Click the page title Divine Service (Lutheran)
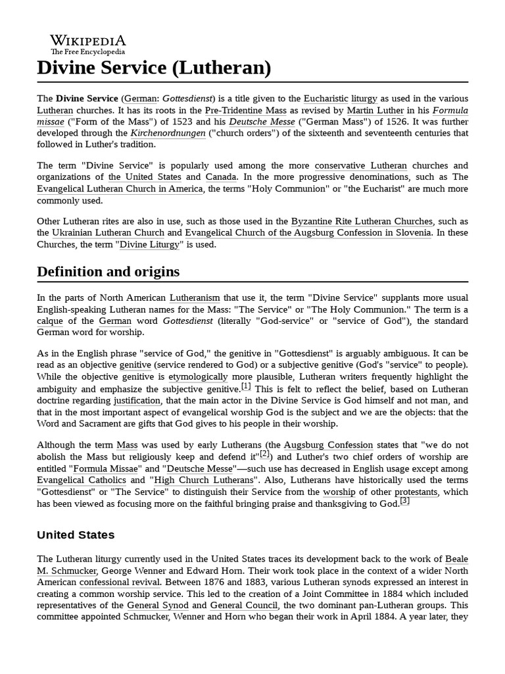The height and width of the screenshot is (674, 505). click(154, 67)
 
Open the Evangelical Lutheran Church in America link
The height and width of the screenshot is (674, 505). click(120, 189)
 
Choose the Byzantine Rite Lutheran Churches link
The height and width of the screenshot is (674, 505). click(362, 221)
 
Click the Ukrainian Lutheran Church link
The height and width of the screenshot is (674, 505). click(108, 233)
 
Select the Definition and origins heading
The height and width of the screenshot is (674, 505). click(108, 272)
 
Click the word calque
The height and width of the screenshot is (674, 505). click(49, 321)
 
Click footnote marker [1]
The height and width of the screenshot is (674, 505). click(246, 386)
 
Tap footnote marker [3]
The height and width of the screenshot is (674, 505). click(404, 502)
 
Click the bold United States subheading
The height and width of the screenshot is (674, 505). click(76, 534)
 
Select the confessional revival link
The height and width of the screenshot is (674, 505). click(120, 583)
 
